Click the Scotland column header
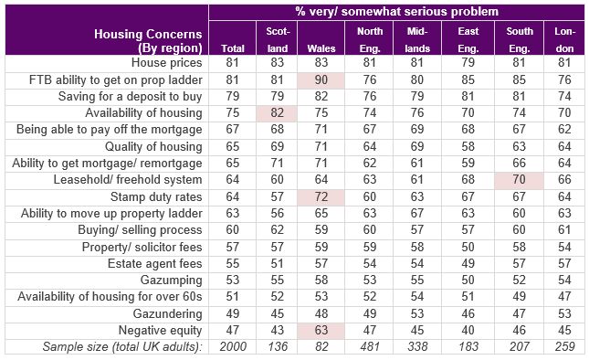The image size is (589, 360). coord(278,39)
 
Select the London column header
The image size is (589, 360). coord(564,39)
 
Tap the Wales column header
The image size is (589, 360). coord(321,48)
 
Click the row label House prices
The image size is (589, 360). coord(166,62)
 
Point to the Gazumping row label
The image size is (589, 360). coord(171,280)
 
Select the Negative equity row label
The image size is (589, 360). coord(160,330)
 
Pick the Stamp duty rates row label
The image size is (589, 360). coord(156,196)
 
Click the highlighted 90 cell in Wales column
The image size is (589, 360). coord(321,80)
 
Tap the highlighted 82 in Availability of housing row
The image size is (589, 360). coord(277,112)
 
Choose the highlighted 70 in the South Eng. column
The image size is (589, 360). coord(519,180)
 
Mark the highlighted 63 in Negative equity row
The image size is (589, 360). coord(321,331)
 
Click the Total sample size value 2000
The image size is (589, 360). coord(233,346)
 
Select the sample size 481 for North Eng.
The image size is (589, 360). coord(370,346)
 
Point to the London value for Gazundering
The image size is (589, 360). coord(564,313)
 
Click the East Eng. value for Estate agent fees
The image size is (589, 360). coord(468,263)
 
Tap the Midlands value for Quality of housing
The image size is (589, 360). coord(417,146)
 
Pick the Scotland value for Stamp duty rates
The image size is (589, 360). coord(277,196)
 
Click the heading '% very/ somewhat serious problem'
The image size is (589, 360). coord(396,12)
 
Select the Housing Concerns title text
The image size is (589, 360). coord(148,41)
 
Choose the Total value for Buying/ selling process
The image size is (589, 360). coord(233,229)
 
